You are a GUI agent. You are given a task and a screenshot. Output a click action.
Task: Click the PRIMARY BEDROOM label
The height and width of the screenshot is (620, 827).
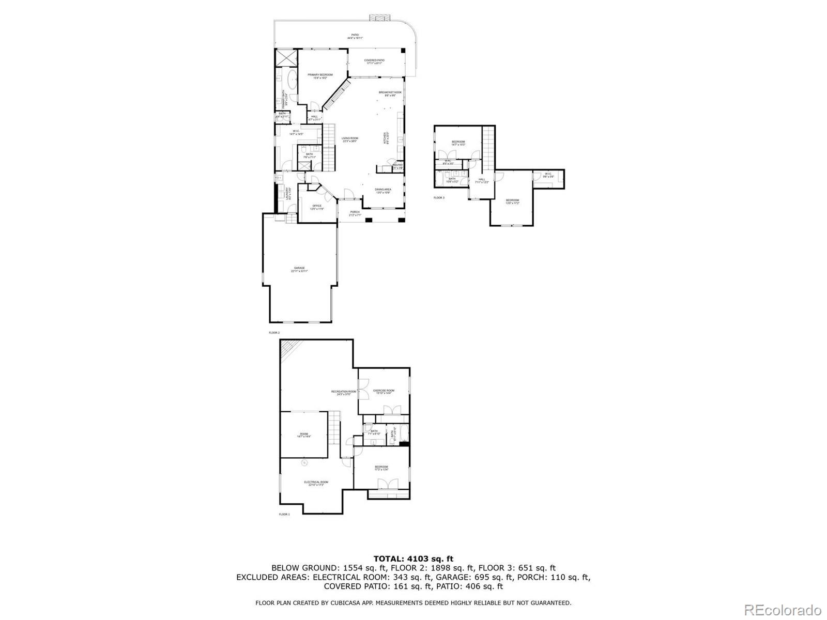(x=321, y=76)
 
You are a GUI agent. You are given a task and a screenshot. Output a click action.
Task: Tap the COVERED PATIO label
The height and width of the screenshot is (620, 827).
(x=374, y=61)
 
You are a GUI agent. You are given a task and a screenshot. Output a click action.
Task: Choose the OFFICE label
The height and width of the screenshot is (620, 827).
(x=317, y=207)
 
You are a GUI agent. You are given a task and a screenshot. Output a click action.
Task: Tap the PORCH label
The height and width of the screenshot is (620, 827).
(x=355, y=213)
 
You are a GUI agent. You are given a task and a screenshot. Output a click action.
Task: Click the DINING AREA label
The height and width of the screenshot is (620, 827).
(x=383, y=191)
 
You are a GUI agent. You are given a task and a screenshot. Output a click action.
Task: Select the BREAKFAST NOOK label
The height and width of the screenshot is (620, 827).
(x=390, y=94)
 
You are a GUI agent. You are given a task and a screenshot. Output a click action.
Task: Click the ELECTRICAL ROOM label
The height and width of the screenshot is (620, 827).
(x=316, y=483)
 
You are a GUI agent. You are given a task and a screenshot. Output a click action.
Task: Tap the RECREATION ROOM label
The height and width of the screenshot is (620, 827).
(x=344, y=393)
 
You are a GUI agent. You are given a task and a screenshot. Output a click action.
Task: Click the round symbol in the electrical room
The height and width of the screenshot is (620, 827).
(x=304, y=462)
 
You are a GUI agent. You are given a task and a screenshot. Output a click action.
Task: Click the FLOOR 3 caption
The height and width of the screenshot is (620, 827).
(x=439, y=197)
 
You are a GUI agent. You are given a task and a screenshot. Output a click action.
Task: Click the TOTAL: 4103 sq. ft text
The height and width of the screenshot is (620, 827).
(x=413, y=559)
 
